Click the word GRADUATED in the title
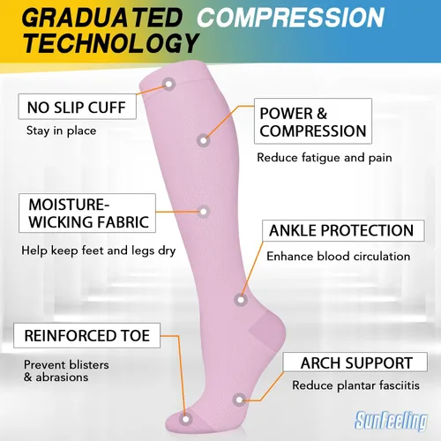[102, 18]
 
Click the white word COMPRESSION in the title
[290, 18]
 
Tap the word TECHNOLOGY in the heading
[111, 43]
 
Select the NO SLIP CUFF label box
[78, 107]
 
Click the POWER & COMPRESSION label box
[313, 121]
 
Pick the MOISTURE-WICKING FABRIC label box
[87, 213]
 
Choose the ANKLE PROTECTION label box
[343, 230]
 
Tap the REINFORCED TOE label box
[87, 335]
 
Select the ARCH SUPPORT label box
[355, 363]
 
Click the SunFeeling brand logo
[392, 420]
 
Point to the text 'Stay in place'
[61, 131]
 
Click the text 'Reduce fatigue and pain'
[325, 158]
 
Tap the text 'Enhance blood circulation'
[339, 256]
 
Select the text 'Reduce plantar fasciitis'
[355, 385]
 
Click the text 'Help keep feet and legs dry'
[99, 250]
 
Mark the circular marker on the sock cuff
[168, 85]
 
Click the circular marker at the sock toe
[186, 419]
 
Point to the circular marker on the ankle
[241, 300]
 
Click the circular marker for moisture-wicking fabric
[203, 212]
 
